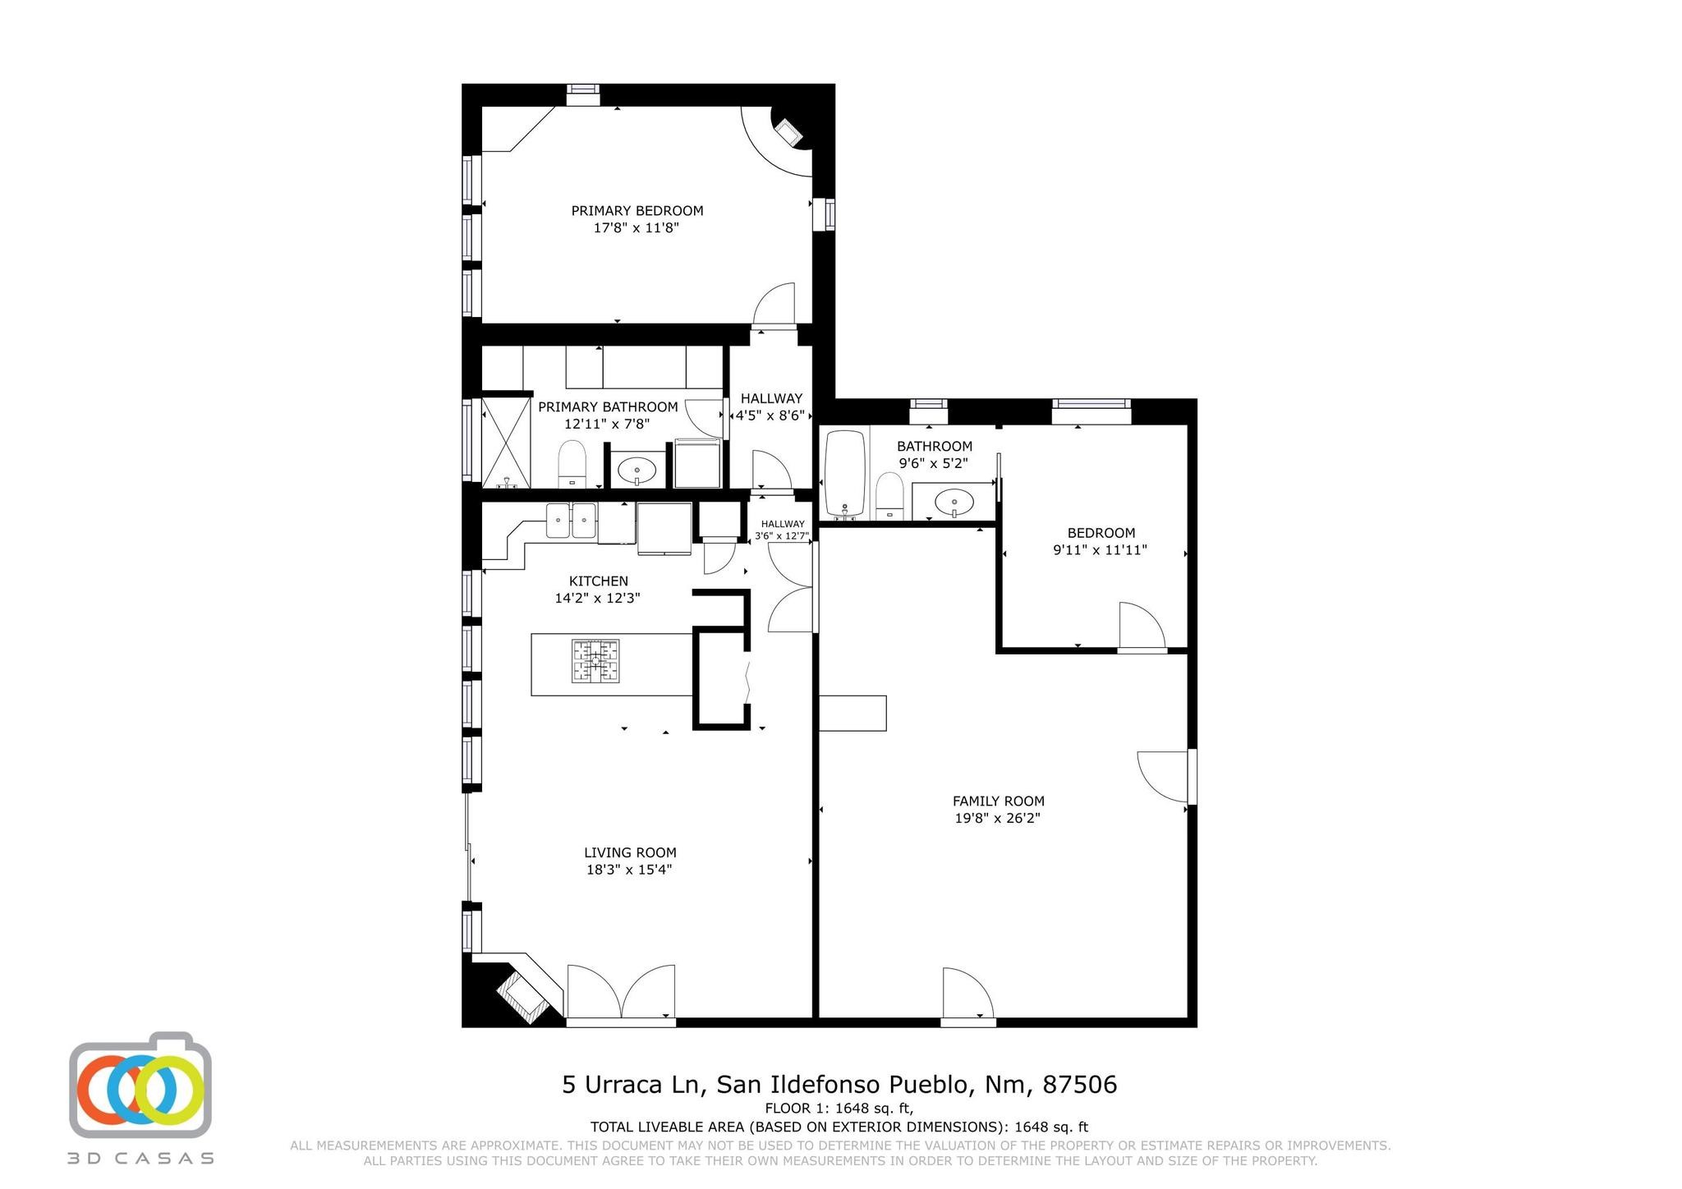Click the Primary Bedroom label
pos(637,211)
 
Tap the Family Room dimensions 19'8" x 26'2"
pos(998,818)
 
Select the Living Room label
pos(630,852)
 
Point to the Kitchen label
pos(598,581)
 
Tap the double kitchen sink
pos(572,520)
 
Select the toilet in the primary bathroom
pos(572,464)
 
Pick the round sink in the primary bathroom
pos(636,471)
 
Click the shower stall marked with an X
pos(506,443)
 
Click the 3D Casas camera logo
pos(140,1085)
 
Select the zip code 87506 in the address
pos(1080,1085)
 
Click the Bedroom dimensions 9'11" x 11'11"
pos(1100,550)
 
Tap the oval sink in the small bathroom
pos(954,499)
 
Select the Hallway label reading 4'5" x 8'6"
pos(770,407)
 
